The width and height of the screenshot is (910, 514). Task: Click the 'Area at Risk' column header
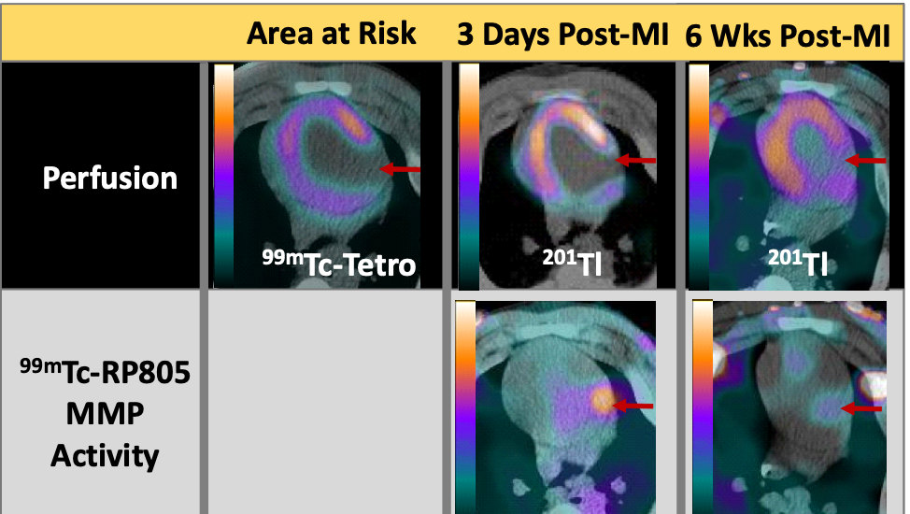click(332, 33)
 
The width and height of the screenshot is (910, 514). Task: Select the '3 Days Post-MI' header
click(562, 35)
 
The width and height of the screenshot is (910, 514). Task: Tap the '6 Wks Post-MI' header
click(787, 36)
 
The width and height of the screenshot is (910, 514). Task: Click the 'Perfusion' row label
click(109, 178)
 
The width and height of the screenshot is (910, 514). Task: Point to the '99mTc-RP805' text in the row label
click(105, 372)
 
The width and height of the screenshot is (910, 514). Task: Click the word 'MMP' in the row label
click(105, 414)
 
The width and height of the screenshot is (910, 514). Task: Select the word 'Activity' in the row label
click(105, 456)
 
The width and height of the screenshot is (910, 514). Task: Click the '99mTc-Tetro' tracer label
click(339, 264)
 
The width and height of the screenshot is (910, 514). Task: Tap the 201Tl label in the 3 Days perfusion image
click(572, 261)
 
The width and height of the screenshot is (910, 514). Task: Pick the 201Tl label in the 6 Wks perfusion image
click(797, 261)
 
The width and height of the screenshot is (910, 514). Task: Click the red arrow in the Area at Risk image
click(400, 169)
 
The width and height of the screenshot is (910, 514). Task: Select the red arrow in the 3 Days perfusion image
click(635, 160)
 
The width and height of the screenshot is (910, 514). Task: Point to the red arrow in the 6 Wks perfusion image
click(865, 160)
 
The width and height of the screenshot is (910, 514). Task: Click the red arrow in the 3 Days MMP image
click(633, 406)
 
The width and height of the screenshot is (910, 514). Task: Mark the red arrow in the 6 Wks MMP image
click(861, 409)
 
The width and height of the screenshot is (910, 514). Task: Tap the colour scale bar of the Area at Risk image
click(223, 176)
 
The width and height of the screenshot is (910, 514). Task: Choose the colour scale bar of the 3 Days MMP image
click(465, 407)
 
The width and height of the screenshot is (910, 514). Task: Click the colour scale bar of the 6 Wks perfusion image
click(700, 177)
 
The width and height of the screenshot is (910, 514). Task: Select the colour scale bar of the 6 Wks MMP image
click(703, 407)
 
